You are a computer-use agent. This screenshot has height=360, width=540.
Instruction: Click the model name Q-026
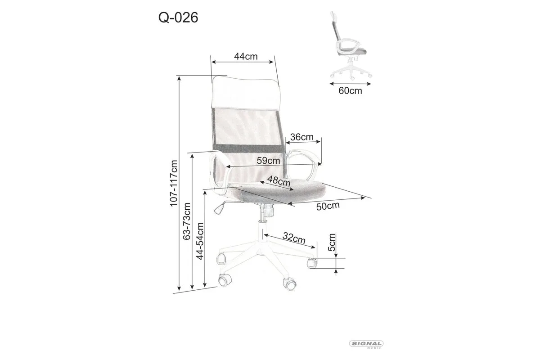(x=178, y=18)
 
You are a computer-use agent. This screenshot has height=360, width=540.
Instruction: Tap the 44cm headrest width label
(x=246, y=56)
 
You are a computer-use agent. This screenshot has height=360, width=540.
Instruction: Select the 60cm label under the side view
(x=350, y=90)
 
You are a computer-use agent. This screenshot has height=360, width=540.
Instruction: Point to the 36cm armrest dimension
(x=302, y=137)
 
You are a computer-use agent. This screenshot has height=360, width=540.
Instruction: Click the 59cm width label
(x=268, y=160)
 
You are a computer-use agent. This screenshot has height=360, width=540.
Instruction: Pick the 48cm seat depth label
(x=279, y=181)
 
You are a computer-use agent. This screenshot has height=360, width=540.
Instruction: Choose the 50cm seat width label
(x=328, y=206)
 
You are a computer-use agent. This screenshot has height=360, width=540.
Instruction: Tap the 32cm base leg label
(x=294, y=238)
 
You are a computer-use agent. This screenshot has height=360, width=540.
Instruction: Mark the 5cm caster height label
(x=332, y=243)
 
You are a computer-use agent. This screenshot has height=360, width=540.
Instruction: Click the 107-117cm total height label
(x=174, y=184)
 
